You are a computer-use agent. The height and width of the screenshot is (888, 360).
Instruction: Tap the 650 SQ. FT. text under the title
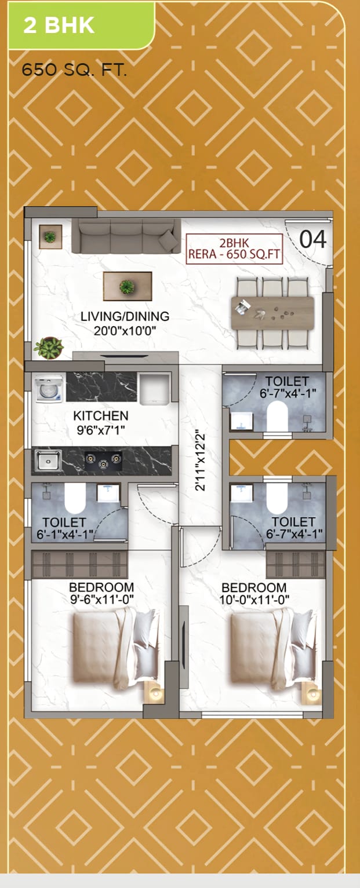[x=74, y=71]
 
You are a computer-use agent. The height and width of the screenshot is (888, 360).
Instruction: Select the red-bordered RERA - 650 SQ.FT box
[x=234, y=249]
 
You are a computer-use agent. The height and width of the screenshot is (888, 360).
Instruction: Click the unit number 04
[x=312, y=240]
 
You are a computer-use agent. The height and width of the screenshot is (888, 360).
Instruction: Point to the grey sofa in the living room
[x=126, y=236]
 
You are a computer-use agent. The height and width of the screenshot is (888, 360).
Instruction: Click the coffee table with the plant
[x=128, y=286]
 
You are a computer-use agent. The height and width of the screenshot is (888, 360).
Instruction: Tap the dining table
[x=272, y=313]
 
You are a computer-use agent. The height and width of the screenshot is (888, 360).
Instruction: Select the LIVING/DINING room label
[x=125, y=316]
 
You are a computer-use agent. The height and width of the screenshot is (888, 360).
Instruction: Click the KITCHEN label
[x=100, y=416]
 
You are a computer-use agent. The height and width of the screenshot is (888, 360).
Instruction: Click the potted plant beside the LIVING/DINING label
[x=49, y=348]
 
